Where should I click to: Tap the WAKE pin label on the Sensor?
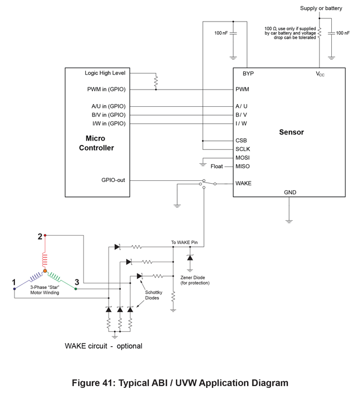(244, 183)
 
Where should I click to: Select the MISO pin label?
(243, 166)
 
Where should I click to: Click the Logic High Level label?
(105, 73)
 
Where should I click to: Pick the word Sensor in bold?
(291, 132)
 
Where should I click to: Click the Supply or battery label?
(321, 8)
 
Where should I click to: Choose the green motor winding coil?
(57, 276)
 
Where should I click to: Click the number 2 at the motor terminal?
(40, 236)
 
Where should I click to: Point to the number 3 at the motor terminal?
(77, 282)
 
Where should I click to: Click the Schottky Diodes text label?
(153, 294)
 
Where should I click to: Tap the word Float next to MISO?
(217, 166)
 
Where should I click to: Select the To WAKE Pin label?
(184, 243)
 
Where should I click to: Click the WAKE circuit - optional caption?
(104, 346)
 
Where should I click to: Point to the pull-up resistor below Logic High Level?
(156, 82)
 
